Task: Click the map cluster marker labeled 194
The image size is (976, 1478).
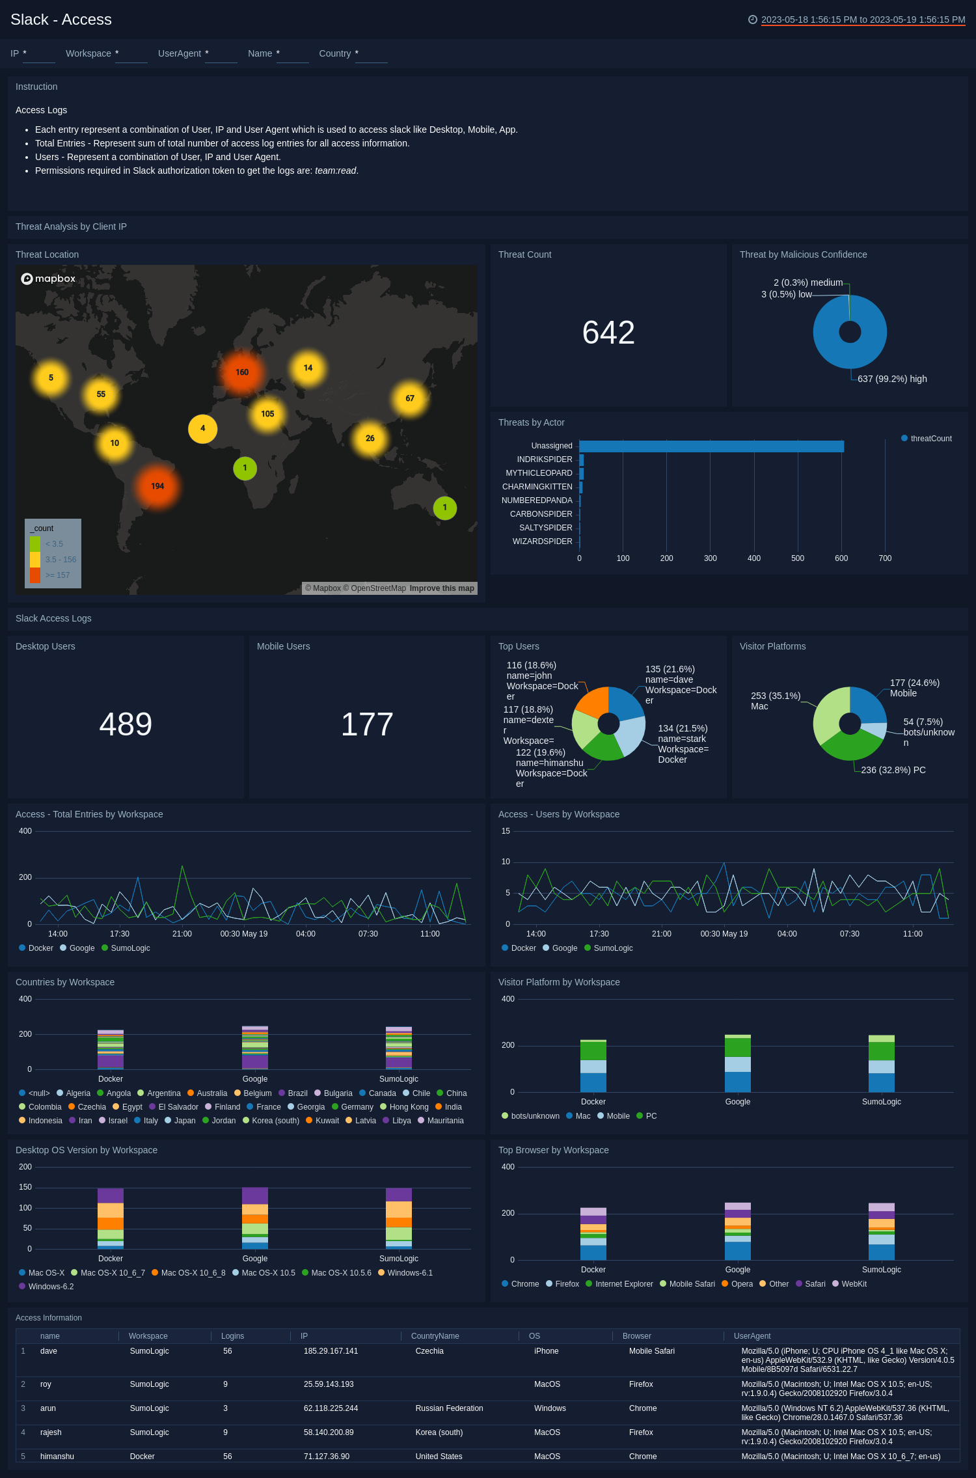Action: click(x=157, y=486)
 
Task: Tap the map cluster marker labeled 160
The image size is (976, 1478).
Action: click(x=242, y=372)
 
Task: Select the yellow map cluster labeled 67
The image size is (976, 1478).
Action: click(x=410, y=398)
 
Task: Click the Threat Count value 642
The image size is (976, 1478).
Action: click(x=608, y=333)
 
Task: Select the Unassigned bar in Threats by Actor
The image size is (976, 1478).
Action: click(x=711, y=446)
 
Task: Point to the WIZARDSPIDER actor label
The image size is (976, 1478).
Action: click(x=542, y=541)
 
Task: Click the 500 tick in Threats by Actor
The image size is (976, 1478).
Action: click(x=798, y=558)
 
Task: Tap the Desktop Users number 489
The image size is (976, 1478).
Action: click(x=126, y=724)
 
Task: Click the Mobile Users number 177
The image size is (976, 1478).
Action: click(x=367, y=724)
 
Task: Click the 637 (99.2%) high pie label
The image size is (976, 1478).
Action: click(x=891, y=379)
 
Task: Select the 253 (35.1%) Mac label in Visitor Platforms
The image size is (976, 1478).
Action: click(x=775, y=701)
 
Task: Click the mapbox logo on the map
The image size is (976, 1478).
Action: click(x=49, y=279)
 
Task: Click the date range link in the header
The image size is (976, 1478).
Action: click(x=863, y=20)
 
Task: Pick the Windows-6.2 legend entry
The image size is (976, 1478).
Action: click(x=51, y=1287)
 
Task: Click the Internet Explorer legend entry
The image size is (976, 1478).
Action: click(x=623, y=1284)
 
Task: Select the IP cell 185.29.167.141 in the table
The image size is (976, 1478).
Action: click(x=331, y=1351)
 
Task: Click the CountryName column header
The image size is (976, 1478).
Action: click(x=435, y=1336)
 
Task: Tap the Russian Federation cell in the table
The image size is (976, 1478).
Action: click(x=449, y=1408)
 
